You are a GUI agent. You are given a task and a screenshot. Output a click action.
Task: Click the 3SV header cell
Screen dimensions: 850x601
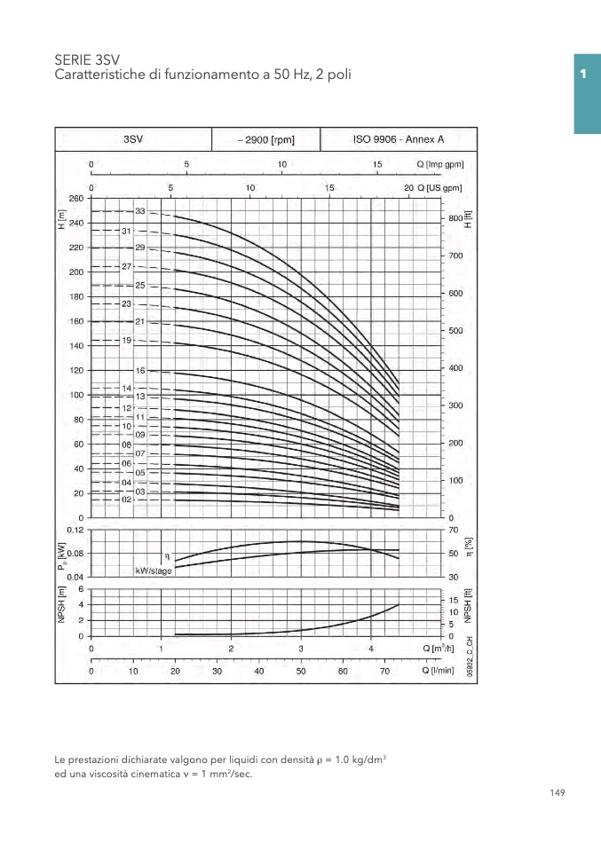(133, 139)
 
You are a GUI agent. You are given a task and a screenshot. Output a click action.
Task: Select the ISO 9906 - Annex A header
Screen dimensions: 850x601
(399, 139)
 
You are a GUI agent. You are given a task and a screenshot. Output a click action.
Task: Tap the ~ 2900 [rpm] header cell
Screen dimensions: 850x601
(265, 140)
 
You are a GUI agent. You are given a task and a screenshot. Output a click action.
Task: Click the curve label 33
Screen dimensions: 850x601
(140, 211)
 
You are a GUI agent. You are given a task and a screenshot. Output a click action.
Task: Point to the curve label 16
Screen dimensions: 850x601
(140, 370)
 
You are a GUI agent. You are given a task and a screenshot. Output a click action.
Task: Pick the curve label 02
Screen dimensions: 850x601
(127, 500)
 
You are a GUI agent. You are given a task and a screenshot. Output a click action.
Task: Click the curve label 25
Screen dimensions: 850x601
(140, 286)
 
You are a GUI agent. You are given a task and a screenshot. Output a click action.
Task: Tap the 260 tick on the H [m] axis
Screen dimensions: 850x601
(75, 199)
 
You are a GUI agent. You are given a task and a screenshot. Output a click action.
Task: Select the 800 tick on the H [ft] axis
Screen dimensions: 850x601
(455, 218)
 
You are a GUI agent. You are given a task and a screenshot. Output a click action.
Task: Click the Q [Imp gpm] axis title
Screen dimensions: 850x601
(440, 164)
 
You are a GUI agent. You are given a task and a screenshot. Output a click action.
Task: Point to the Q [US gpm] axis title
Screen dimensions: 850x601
(441, 188)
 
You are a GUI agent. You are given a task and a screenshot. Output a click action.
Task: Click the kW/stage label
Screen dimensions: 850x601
(154, 571)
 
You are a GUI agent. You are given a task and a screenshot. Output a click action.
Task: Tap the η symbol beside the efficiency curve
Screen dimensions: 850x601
(166, 555)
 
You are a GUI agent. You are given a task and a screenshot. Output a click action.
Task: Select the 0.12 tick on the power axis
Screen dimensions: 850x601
(74, 530)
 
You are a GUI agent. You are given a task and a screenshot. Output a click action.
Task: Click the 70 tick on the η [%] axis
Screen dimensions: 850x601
(454, 530)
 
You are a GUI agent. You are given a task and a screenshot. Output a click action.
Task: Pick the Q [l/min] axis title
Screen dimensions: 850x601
(438, 671)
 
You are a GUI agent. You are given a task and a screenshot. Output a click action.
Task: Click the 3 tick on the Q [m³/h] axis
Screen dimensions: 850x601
(301, 649)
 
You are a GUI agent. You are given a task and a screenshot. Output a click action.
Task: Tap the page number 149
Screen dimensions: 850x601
(557, 792)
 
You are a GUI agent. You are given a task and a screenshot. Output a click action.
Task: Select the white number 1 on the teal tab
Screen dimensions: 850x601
(583, 74)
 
